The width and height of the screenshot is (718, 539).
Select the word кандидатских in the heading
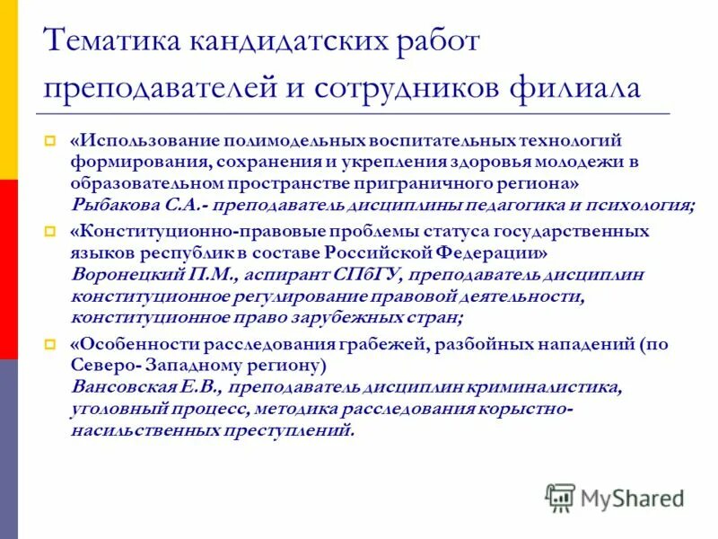point(274,40)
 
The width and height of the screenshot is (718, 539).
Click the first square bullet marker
point(51,141)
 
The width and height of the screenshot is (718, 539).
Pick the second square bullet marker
point(51,232)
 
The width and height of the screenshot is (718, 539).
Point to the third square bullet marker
point(51,345)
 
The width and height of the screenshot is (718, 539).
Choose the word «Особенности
point(129,344)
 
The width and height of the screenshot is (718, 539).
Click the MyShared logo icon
point(560,496)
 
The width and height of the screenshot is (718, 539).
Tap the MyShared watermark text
point(632,497)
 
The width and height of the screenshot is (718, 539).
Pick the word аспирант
point(266,273)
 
